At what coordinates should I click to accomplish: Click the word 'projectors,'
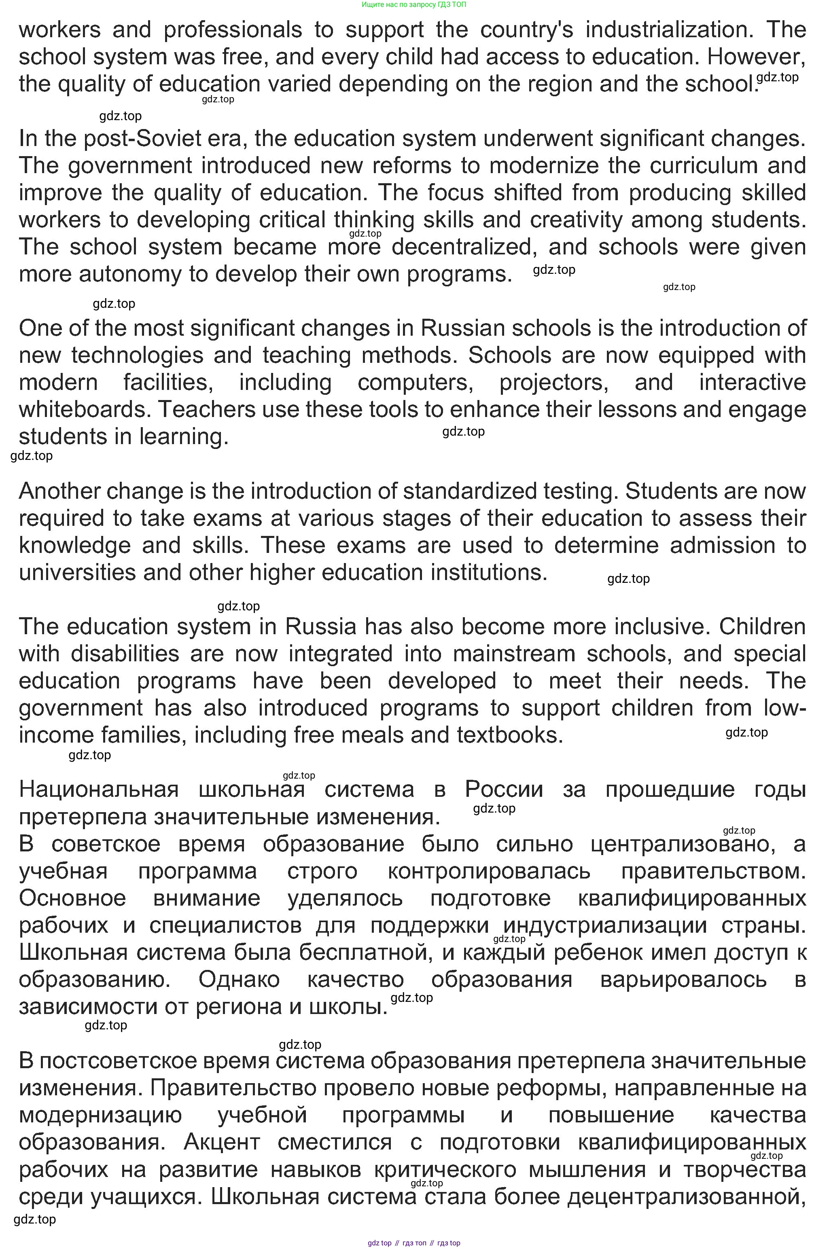[x=554, y=382]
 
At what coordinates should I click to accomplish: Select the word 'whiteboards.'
[x=84, y=410]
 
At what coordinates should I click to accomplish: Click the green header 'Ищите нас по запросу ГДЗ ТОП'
[x=414, y=4]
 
